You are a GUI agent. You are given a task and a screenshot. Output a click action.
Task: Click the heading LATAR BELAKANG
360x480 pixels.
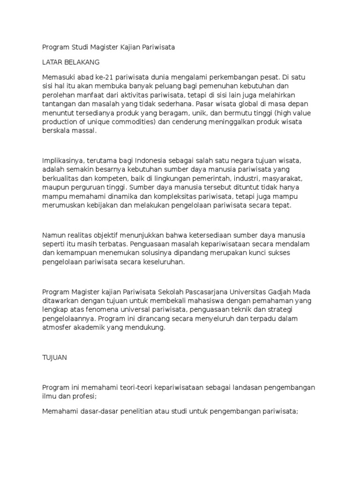tap(71, 62)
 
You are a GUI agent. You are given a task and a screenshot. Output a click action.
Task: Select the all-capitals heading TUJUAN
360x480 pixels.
tap(55, 357)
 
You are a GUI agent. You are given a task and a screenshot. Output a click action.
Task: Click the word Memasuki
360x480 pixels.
tap(58, 77)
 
